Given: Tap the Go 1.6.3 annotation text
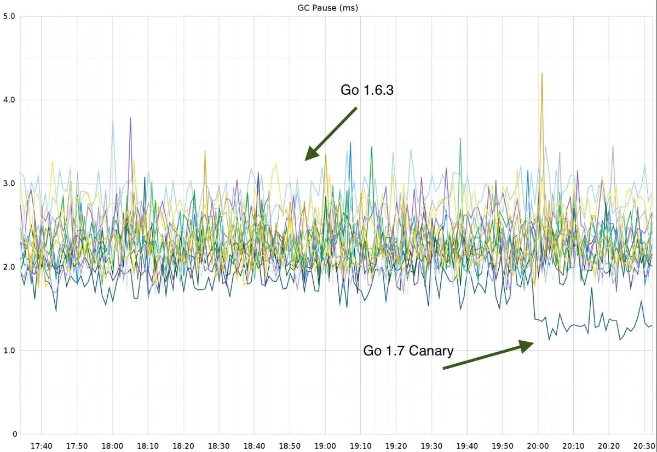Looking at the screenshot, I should point(367,90).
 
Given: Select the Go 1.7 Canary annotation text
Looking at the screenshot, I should point(408,351).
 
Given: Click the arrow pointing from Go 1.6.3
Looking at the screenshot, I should point(331,133).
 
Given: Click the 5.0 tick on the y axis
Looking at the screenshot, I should point(9,17).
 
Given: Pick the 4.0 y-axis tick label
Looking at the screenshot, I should point(9,100).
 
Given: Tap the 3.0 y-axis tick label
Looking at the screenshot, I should point(9,184).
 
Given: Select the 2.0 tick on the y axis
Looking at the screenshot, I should point(9,267).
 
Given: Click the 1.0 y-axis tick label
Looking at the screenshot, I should point(9,351).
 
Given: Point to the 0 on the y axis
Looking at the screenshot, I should point(13,434).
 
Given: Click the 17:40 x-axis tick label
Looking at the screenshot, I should point(42,446).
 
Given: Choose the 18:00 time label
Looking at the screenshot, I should point(112,446).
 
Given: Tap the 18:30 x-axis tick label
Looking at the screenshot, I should point(219,446).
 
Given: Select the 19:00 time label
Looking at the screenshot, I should point(325,446).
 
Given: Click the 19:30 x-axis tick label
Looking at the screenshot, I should point(431,446).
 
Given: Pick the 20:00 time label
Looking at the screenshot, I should point(538,446).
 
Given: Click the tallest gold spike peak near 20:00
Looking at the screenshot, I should point(542,73).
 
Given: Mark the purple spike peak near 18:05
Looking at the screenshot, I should point(130,118).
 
